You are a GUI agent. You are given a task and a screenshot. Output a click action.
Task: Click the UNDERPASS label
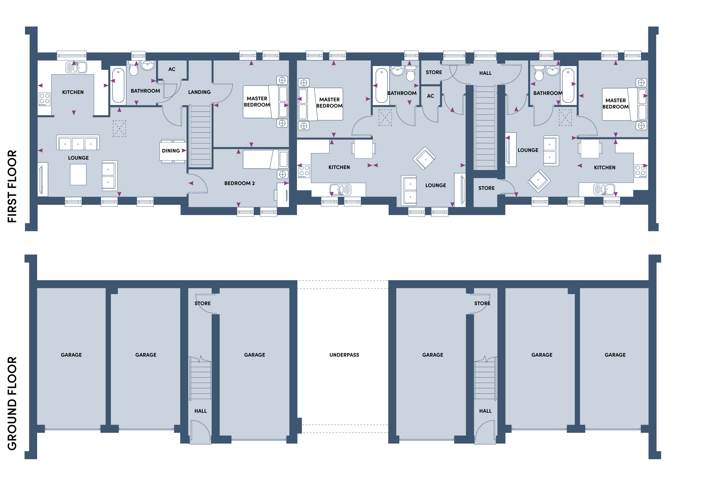coord(344,355)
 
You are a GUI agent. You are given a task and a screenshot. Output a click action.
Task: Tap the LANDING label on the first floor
coord(199,92)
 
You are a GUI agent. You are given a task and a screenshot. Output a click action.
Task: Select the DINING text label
coord(171,151)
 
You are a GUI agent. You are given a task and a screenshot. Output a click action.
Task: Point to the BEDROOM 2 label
coord(239,183)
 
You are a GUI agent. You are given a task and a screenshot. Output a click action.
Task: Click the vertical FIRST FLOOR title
coord(12,186)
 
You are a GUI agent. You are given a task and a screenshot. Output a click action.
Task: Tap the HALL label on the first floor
coord(485,73)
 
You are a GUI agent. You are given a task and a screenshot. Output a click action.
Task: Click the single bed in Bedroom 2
coord(265,159)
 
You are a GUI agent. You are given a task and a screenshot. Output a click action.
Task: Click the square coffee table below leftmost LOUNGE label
coord(78,174)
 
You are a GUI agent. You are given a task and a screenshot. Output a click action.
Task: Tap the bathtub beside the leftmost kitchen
coord(118,86)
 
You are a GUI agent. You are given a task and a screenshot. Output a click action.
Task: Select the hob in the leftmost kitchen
coord(44,99)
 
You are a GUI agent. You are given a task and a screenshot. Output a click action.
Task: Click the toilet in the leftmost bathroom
coord(133,68)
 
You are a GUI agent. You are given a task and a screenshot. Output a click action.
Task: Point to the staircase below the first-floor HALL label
coord(485,128)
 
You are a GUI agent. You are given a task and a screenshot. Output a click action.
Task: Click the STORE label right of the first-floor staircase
coord(486,188)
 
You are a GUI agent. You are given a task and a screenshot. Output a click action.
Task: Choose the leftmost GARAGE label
coord(71,355)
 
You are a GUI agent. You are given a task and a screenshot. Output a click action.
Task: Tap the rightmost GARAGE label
coord(615,355)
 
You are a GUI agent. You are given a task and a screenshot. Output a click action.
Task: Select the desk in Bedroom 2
coord(283,195)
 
